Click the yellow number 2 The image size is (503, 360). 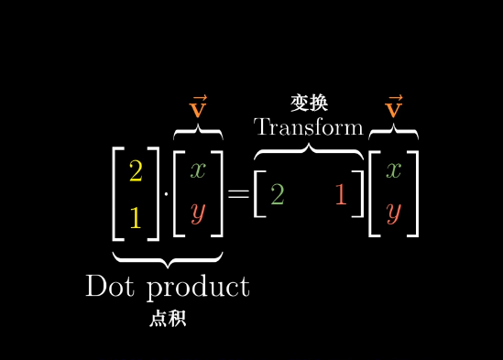tap(136, 171)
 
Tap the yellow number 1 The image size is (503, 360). tap(136, 218)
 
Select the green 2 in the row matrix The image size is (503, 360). tap(277, 194)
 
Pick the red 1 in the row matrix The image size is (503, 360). tap(341, 194)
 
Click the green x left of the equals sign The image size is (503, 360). tap(198, 169)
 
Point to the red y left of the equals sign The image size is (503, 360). tap(198, 214)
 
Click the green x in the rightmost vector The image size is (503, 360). tap(394, 169)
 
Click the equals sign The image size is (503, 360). tap(238, 194)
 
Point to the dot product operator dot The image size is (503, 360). tap(166, 194)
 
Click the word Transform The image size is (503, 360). tap(309, 126)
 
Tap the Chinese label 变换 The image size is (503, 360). tap(309, 103)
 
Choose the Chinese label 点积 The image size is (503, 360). tap(168, 319)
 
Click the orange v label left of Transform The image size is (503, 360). tap(198, 108)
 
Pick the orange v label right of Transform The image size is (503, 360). tap(394, 108)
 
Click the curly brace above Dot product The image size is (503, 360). tap(168, 257)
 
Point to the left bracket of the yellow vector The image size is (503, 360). tap(116, 192)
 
